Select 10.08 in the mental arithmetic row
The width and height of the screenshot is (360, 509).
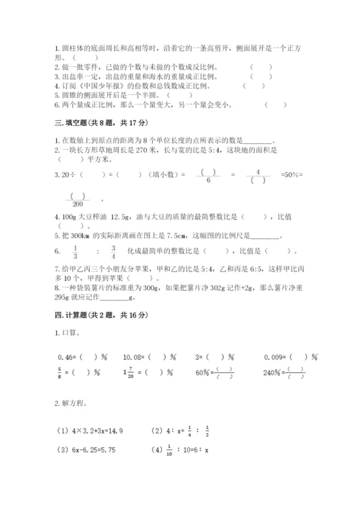click(x=132, y=356)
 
